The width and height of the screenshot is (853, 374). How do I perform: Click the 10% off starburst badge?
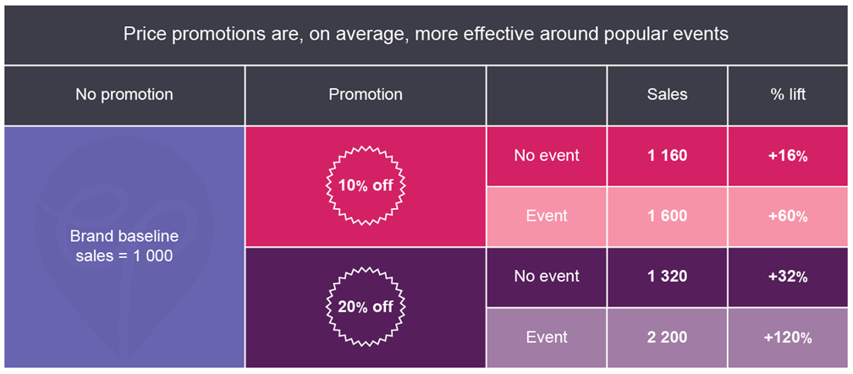pyautogui.click(x=366, y=185)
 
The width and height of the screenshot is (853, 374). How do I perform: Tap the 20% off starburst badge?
pyautogui.click(x=366, y=306)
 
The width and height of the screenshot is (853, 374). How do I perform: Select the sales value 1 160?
pyautogui.click(x=667, y=156)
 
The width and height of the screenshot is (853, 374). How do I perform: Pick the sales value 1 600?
pyautogui.click(x=667, y=216)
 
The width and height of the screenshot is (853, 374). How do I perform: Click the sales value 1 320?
pyautogui.click(x=667, y=276)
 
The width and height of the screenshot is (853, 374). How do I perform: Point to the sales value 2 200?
pyautogui.click(x=667, y=337)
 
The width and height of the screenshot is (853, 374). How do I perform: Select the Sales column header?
pyautogui.click(x=667, y=94)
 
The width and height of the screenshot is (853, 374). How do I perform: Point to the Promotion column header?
pyautogui.click(x=366, y=94)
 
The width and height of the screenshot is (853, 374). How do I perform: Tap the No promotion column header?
pyautogui.click(x=124, y=94)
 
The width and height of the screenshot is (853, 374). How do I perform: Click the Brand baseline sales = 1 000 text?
pyautogui.click(x=124, y=245)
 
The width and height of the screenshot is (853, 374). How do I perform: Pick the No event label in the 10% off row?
pyautogui.click(x=547, y=156)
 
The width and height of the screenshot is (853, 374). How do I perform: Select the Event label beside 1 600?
pyautogui.click(x=547, y=216)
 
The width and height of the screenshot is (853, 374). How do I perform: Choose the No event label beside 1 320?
pyautogui.click(x=547, y=276)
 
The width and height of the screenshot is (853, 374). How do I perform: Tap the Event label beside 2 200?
pyautogui.click(x=547, y=337)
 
